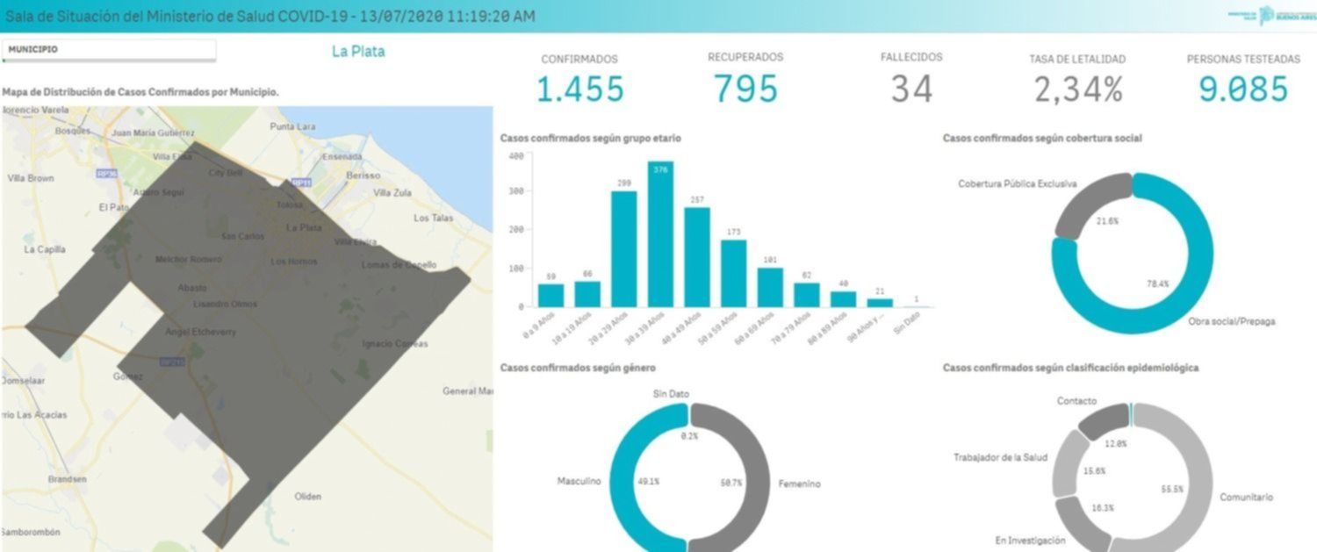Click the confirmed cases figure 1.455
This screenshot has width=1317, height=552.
(579, 89)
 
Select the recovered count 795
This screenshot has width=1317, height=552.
(745, 89)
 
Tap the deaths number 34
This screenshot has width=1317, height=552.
(911, 89)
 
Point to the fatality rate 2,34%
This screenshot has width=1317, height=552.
(1077, 90)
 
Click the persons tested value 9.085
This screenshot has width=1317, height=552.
(1243, 89)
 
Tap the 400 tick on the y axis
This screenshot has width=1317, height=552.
(516, 156)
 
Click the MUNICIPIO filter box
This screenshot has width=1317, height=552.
(109, 50)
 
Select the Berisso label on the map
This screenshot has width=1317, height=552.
(363, 176)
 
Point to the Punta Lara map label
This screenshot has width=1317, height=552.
(292, 126)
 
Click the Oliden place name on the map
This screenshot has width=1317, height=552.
(308, 497)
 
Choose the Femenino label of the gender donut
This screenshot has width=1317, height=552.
(799, 484)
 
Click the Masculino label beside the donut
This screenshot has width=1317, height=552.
(579, 482)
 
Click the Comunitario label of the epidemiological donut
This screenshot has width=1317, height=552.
(1246, 498)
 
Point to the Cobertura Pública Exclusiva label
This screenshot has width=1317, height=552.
(1017, 184)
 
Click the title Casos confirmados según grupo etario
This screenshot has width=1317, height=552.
(590, 138)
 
